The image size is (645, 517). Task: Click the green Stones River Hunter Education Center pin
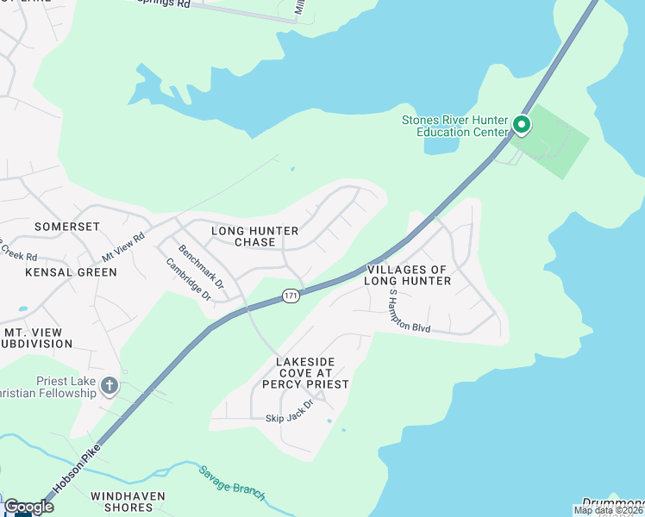[521, 126]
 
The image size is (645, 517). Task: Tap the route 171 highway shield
[291, 296]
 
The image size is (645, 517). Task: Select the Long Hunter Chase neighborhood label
[255, 236]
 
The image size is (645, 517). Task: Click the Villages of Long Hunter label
[407, 275]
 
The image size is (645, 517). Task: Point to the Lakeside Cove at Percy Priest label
[312, 372]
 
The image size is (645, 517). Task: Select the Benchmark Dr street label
[201, 266]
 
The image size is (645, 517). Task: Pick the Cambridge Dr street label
[195, 279]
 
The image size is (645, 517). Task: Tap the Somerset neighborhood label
[67, 226]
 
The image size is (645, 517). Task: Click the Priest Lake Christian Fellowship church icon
[109, 385]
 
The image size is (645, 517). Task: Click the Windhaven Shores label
[128, 502]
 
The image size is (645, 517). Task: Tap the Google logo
[28, 507]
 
